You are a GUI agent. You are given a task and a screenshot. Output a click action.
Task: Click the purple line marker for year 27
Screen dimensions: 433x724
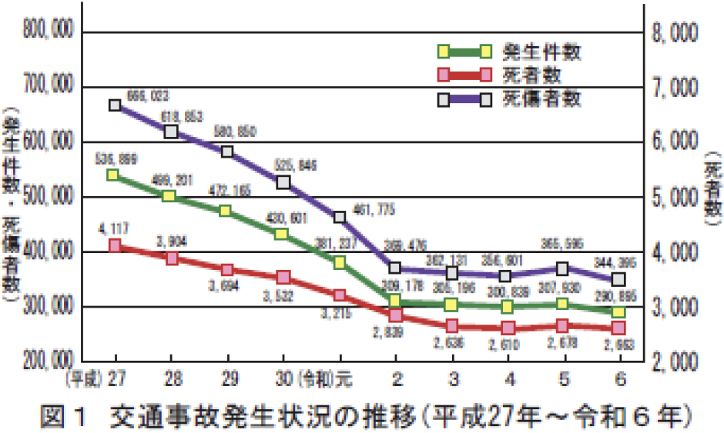pyautogui.click(x=115, y=105)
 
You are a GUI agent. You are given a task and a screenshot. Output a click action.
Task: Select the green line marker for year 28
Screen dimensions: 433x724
pyautogui.click(x=171, y=196)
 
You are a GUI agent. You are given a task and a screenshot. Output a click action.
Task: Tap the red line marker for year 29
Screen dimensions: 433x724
pyautogui.click(x=227, y=270)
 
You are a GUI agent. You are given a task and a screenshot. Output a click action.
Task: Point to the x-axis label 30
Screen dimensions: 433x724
pyautogui.click(x=283, y=381)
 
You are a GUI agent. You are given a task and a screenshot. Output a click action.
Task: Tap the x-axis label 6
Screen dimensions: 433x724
pyautogui.click(x=618, y=381)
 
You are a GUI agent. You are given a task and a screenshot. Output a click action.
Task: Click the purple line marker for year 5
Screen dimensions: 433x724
pyautogui.click(x=562, y=269)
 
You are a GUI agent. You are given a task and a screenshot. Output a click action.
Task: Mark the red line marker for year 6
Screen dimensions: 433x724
pyautogui.click(x=618, y=328)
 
